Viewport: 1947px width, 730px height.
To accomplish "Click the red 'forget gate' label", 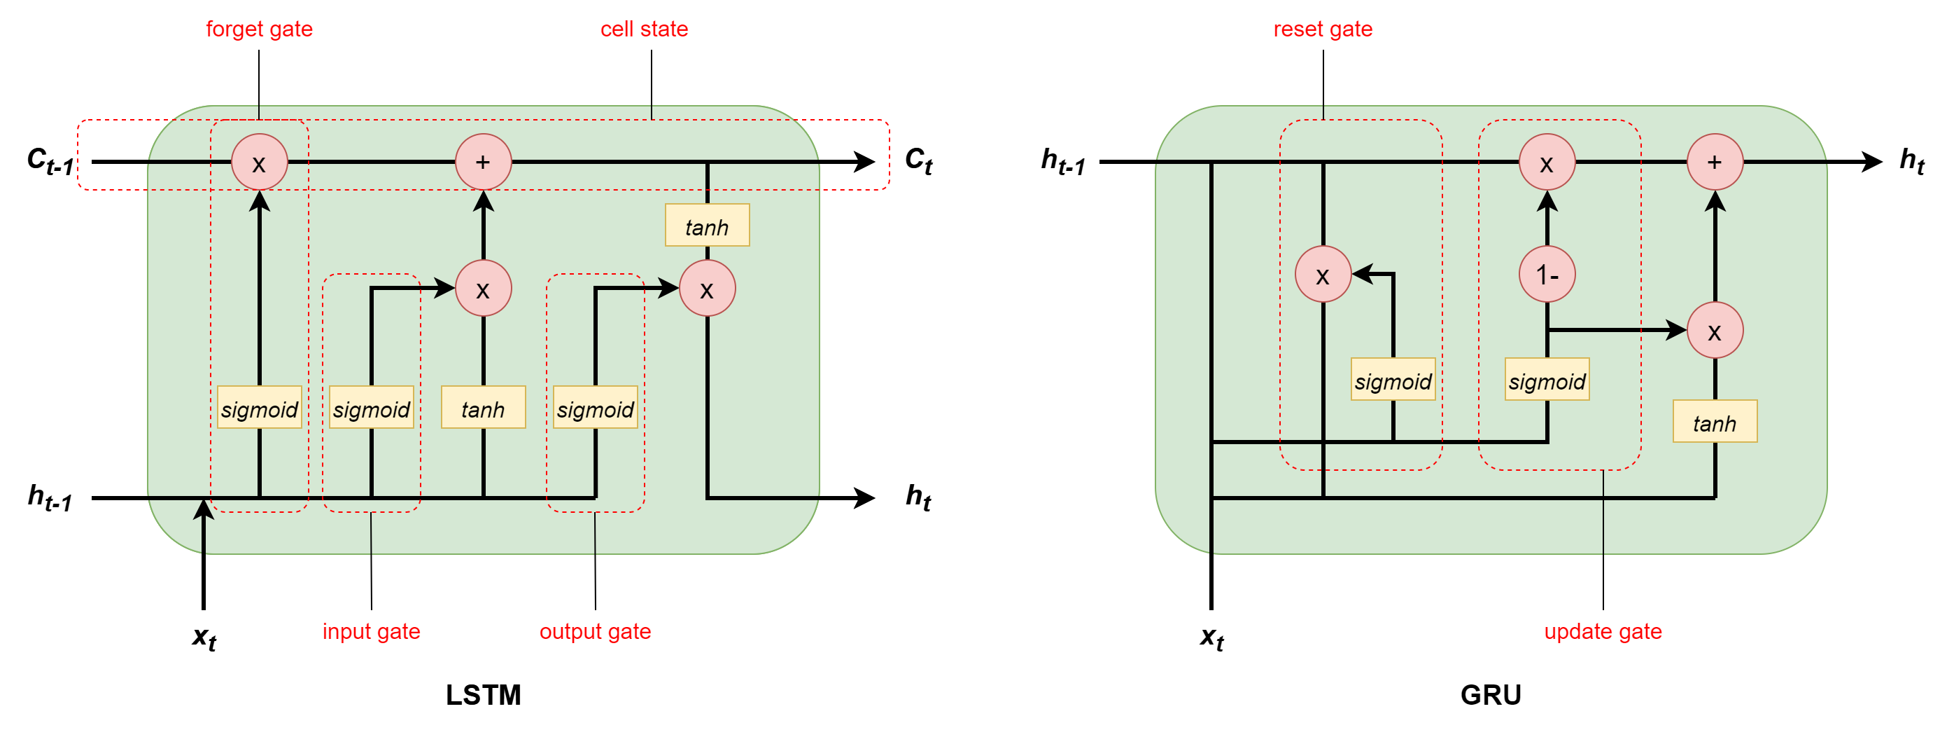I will click(x=258, y=29).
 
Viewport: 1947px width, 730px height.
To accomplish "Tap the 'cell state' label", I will click(x=644, y=29).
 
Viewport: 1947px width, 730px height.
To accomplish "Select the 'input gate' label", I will click(x=371, y=631).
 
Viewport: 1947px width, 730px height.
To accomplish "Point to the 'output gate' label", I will click(x=595, y=631).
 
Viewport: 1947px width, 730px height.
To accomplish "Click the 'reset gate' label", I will click(x=1323, y=29).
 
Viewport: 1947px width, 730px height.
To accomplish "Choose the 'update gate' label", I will click(x=1603, y=631).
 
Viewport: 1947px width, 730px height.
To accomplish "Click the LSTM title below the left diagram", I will click(x=483, y=694).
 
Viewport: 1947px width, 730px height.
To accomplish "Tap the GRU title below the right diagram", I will click(x=1491, y=694).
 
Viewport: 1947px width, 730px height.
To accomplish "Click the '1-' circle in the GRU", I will click(x=1547, y=275).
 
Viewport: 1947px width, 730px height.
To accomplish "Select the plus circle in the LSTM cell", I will click(x=483, y=162).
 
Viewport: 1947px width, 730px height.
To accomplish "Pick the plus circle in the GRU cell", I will click(x=1715, y=162).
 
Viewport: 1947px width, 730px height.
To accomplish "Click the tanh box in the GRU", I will click(x=1714, y=422).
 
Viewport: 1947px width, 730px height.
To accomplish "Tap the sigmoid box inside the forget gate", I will click(x=259, y=408).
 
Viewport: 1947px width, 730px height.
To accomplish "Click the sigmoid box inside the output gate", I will click(x=595, y=408).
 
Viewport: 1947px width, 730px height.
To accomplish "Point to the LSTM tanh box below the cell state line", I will click(x=707, y=226).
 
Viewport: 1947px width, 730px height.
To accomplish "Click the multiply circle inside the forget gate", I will click(x=259, y=162).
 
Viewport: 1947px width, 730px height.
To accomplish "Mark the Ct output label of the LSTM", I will click(x=918, y=160).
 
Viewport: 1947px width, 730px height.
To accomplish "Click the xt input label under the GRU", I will click(x=1211, y=637).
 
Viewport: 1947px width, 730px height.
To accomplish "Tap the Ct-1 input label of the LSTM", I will click(x=50, y=160).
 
